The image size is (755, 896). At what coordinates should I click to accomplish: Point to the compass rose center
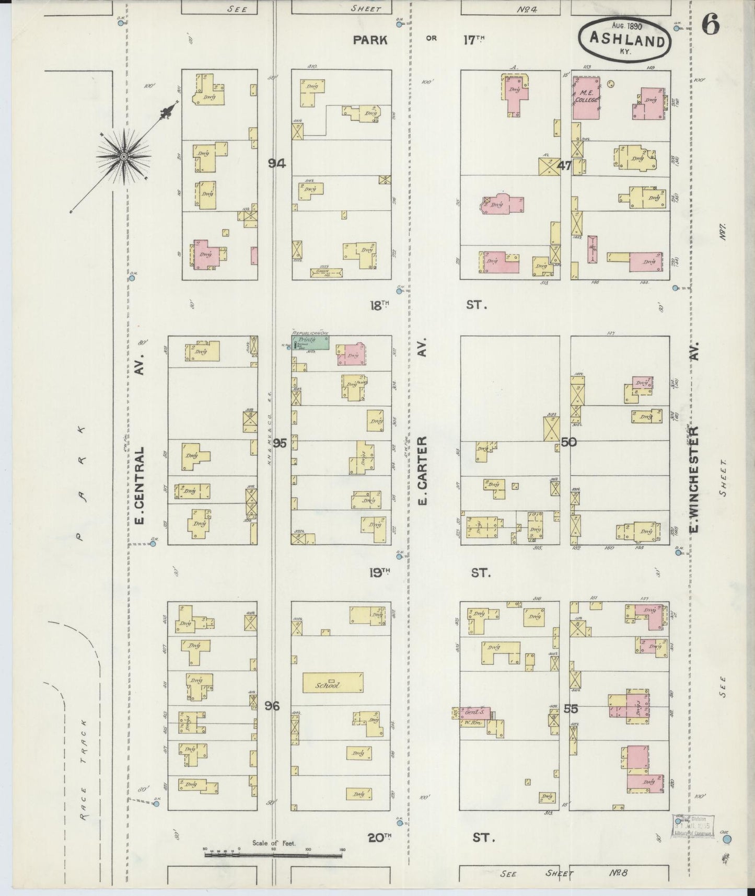(x=123, y=156)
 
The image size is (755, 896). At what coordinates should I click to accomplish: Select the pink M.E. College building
(x=586, y=97)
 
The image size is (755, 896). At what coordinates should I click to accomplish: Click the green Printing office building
(x=311, y=343)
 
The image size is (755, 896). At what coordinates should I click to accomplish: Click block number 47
(x=564, y=166)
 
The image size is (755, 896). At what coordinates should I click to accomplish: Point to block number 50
(x=568, y=442)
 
